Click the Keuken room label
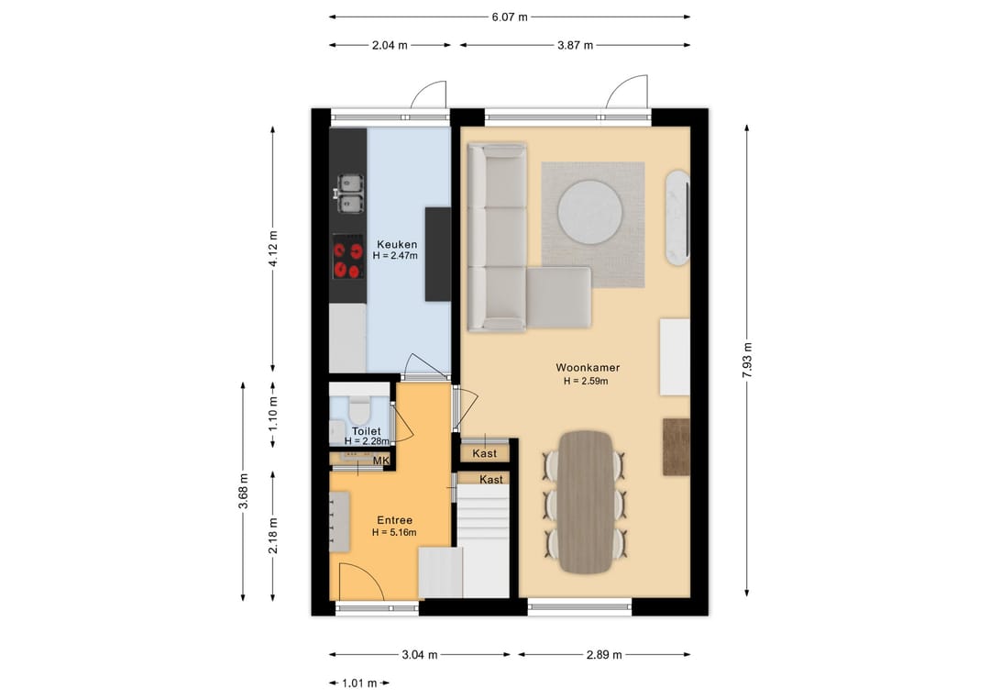coord(397,244)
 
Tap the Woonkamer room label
coord(588,367)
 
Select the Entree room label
coord(394,520)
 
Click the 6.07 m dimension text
coord(510,17)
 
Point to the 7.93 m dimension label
coord(747,361)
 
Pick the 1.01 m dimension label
coord(359,683)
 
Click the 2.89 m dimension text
coord(604,654)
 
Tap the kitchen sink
coord(350,194)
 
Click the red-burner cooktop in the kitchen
coord(348,257)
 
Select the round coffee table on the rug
coord(590,212)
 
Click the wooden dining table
coord(585,502)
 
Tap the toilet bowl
coord(359,411)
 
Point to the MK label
coord(380,461)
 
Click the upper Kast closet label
coord(484,453)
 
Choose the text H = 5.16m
coord(394,533)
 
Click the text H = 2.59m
coord(586,381)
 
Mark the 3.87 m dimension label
coord(575,46)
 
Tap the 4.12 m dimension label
coord(273,249)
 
